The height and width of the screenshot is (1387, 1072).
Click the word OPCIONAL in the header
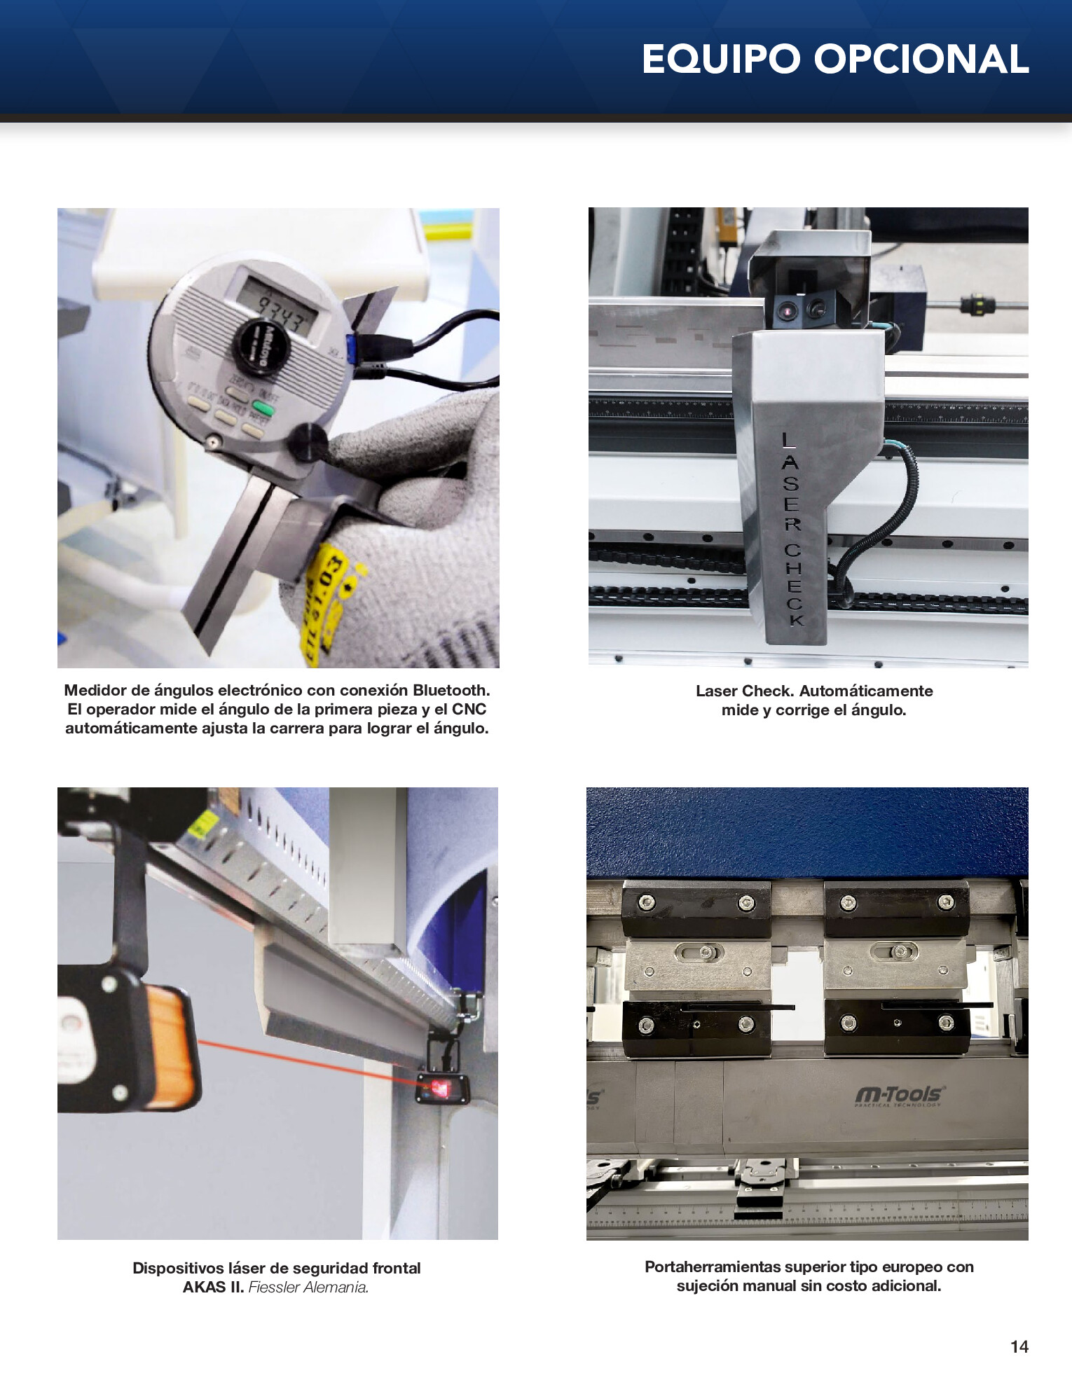coord(921,59)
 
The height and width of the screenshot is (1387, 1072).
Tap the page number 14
coord(1019,1346)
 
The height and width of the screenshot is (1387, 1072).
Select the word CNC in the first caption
coord(469,710)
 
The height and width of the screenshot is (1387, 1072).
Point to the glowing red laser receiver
coord(441,1087)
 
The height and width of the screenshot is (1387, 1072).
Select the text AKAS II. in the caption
coord(213,1288)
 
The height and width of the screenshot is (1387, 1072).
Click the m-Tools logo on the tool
coord(900,1094)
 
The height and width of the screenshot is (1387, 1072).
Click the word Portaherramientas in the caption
coord(713,1267)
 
